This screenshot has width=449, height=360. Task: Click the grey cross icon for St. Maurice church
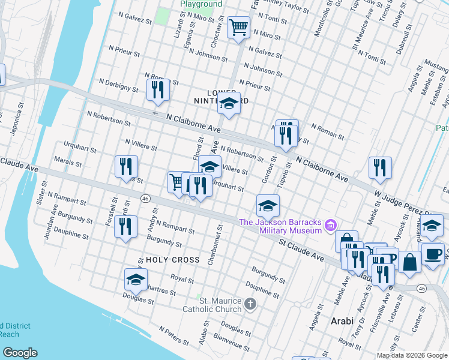(252, 305)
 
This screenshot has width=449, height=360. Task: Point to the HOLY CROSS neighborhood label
(172, 260)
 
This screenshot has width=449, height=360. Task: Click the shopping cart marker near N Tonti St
(238, 27)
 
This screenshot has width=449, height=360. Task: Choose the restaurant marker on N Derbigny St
(158, 90)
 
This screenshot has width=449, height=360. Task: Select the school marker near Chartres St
(136, 280)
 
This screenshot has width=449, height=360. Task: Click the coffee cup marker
(433, 254)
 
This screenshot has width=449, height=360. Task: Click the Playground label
(201, 4)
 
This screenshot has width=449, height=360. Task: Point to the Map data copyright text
(411, 355)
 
